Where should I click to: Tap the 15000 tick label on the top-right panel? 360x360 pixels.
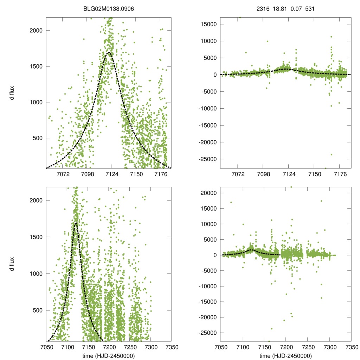[208, 24]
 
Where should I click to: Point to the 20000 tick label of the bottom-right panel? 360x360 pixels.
[208, 193]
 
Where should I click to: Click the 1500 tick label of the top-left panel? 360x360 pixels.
[36, 66]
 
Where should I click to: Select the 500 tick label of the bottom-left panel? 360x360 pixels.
[37, 310]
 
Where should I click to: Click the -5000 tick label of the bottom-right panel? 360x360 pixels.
[208, 271]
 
